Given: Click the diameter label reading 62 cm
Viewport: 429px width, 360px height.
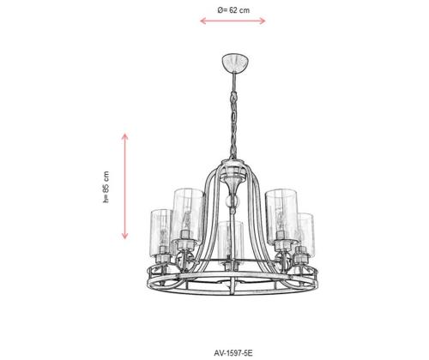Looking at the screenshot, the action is pyautogui.click(x=233, y=10).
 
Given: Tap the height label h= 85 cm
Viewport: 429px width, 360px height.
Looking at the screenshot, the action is pyautogui.click(x=106, y=187).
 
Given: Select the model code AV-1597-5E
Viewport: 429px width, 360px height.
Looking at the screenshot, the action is pyautogui.click(x=233, y=353).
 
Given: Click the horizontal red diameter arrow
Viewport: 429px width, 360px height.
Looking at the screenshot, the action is pyautogui.click(x=233, y=21).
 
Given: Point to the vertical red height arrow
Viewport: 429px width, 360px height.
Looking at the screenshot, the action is pyautogui.click(x=124, y=186).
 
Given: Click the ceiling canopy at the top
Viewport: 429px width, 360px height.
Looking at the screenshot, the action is pyautogui.click(x=235, y=62).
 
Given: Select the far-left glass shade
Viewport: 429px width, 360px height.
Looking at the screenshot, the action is pyautogui.click(x=161, y=232).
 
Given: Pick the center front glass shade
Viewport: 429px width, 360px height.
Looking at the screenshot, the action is pyautogui.click(x=230, y=241).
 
